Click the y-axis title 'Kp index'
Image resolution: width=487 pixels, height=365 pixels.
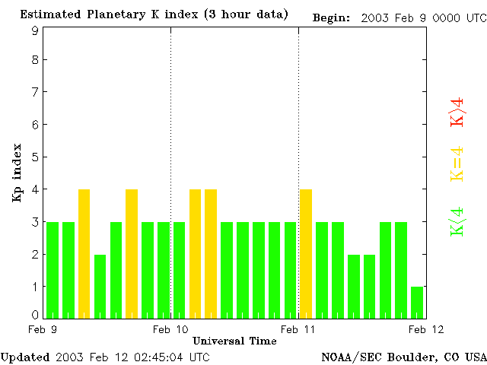click(x=16, y=172)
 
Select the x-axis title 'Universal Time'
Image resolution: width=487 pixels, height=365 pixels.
click(x=234, y=341)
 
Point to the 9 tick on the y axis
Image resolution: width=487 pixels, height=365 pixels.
click(x=35, y=30)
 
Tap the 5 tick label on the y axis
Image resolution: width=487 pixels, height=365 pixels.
click(x=35, y=157)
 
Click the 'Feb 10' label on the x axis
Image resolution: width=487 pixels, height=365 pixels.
click(x=170, y=329)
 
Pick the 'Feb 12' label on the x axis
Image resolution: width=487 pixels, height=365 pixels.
click(x=426, y=329)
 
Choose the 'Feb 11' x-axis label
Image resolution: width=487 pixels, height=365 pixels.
click(x=298, y=329)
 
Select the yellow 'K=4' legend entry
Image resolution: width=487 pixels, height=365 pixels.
click(x=457, y=164)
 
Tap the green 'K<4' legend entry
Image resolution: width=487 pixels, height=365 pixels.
click(x=457, y=221)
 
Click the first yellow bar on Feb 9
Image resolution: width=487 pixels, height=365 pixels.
click(x=84, y=253)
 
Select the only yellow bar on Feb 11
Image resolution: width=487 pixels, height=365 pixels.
click(x=306, y=253)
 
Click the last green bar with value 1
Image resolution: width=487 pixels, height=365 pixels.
click(x=417, y=302)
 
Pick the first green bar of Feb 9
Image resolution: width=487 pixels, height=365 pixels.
click(x=53, y=269)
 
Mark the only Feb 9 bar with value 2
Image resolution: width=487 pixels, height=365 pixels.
click(x=100, y=286)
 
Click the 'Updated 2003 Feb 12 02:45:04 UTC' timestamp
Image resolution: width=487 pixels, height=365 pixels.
click(x=105, y=357)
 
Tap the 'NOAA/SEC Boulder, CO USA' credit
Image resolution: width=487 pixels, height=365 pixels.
click(x=403, y=357)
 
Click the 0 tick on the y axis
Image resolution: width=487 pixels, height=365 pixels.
click(x=35, y=315)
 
